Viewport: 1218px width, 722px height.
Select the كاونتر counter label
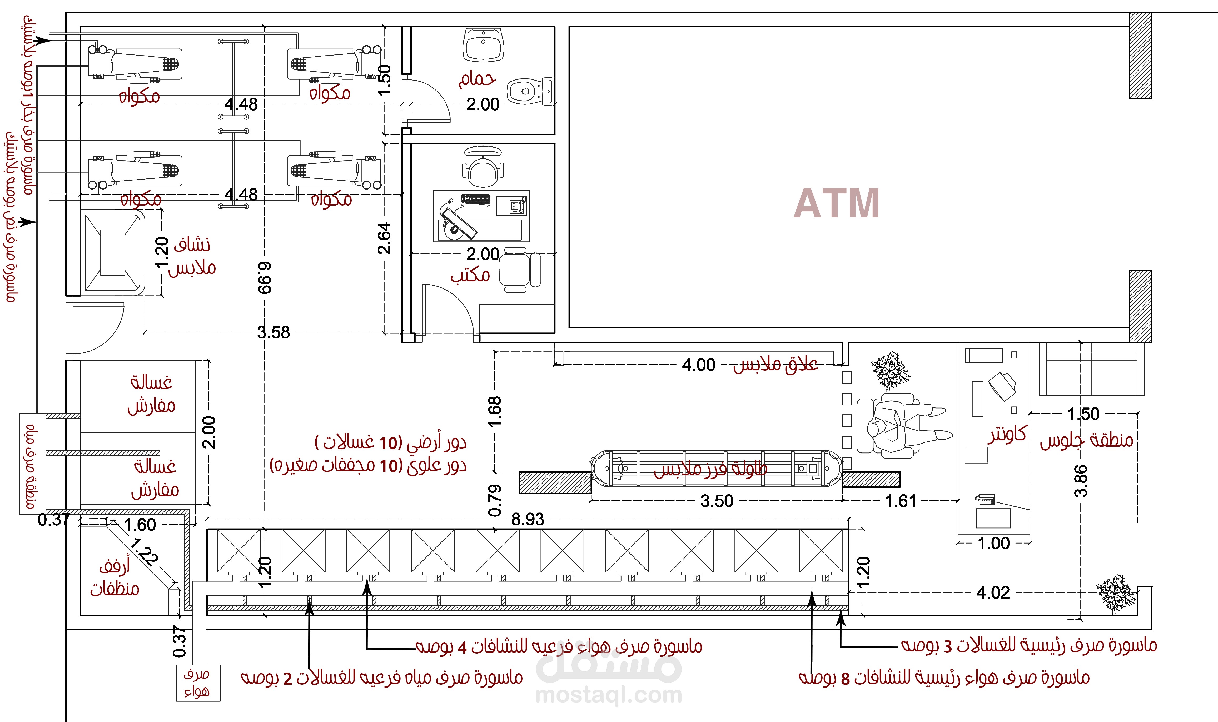[x=1007, y=435]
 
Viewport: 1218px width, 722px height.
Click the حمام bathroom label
[x=477, y=79]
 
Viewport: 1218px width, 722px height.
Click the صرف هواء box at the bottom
[x=198, y=683]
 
